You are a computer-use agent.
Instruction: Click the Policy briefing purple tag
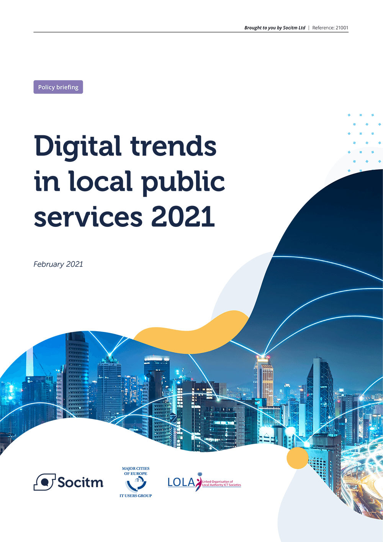(58, 87)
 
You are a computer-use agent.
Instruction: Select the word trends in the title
(173, 146)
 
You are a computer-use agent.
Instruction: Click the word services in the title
(88, 217)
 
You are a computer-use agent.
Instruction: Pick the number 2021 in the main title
(183, 217)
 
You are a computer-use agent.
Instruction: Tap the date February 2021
(58, 264)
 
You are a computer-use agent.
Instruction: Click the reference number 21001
(342, 28)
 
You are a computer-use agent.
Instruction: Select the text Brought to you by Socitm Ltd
(275, 28)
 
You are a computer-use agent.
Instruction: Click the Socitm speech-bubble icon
(44, 482)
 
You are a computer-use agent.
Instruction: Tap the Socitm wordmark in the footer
(80, 482)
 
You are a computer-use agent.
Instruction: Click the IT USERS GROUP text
(136, 496)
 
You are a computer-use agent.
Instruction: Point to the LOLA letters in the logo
(181, 483)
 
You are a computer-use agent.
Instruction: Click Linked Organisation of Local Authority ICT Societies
(222, 483)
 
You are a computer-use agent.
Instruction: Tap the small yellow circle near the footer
(297, 458)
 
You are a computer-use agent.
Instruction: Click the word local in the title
(100, 182)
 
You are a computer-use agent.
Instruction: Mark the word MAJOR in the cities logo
(129, 468)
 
